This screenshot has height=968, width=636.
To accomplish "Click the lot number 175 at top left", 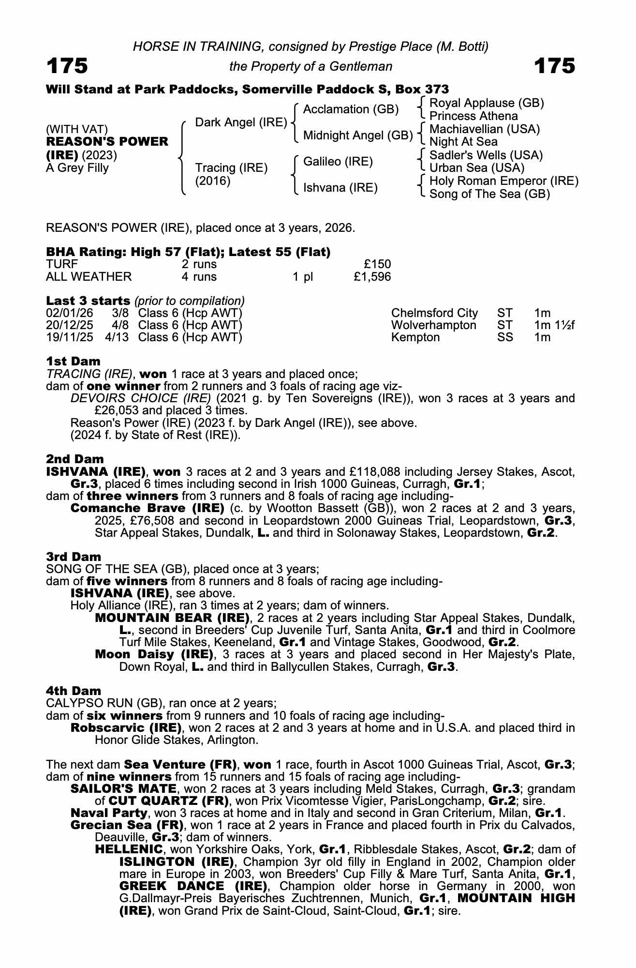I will click(x=67, y=66).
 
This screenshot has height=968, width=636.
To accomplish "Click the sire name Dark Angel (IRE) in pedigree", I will click(x=241, y=122).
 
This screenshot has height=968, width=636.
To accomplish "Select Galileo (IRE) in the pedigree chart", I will click(x=338, y=162).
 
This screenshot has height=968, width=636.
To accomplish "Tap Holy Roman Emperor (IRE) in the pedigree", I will click(x=503, y=181).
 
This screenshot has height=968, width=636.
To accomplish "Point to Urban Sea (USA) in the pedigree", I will click(x=476, y=168).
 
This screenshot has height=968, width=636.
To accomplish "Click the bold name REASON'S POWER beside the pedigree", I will click(x=107, y=142).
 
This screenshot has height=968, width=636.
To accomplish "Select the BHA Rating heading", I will click(x=188, y=252).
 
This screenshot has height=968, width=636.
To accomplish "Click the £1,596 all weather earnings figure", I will click(x=372, y=277).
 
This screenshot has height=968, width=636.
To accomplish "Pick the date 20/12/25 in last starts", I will click(x=69, y=325).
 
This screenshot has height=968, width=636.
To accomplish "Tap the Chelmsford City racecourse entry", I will click(x=434, y=313).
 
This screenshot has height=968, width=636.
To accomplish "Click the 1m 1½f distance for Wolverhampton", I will click(x=554, y=325).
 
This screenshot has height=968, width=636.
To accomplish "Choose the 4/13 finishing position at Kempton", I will click(x=117, y=337).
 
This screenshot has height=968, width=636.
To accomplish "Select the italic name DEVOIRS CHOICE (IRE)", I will click(x=141, y=398).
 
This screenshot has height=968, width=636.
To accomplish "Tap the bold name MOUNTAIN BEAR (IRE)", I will click(x=172, y=618).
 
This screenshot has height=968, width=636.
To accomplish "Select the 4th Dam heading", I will click(x=74, y=691).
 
